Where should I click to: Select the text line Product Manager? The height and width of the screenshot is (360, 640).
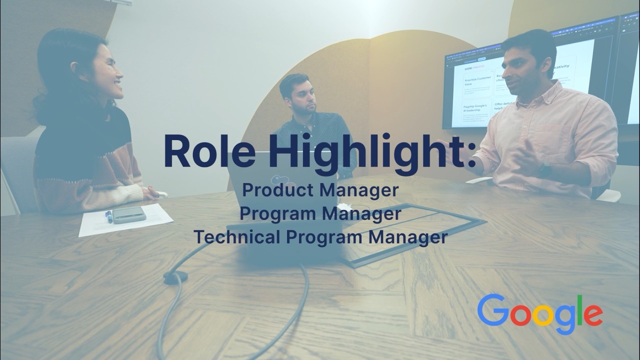point(320,190)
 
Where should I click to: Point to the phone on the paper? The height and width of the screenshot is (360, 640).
point(129,214)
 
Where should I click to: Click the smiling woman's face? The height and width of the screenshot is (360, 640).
point(107,75)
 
